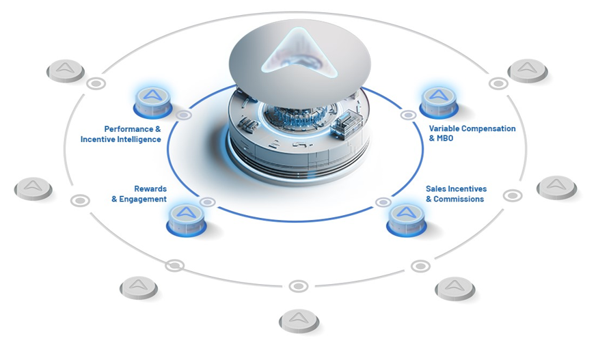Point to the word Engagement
pos(144,199)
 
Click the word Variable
pos(445,128)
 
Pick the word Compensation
pos(489,128)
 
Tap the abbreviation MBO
pos(446,139)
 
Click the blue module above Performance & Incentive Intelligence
pos(152,100)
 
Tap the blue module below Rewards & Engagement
pos(187,218)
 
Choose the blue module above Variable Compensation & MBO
pos(439,100)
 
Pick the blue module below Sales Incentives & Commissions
pos(406,218)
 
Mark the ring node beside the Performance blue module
pos(184,115)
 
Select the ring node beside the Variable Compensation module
pos(409,115)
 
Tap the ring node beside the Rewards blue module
pos(208,202)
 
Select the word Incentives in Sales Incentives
pos(465,189)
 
